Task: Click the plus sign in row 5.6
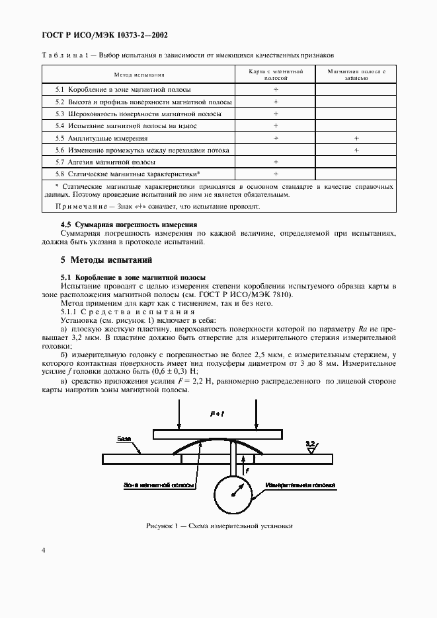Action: (356, 150)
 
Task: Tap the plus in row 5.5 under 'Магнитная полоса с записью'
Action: (356, 138)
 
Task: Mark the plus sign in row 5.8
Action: (276, 174)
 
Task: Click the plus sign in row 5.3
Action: (276, 114)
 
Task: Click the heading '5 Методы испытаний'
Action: (106, 259)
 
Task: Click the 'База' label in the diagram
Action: (124, 438)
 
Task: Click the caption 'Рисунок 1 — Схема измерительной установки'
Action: (219, 526)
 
